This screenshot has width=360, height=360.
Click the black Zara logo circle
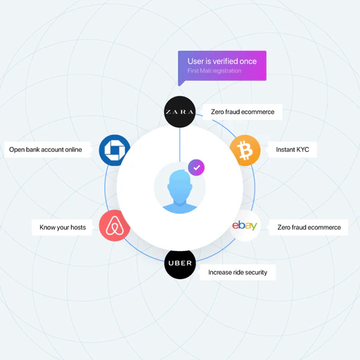[x=180, y=112]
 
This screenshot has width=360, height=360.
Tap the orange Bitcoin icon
[x=245, y=150]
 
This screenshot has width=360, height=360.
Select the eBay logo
[x=245, y=226]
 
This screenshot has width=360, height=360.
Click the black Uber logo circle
[x=180, y=263]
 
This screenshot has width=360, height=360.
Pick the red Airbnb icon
[x=115, y=226]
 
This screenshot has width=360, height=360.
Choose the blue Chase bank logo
[x=115, y=150]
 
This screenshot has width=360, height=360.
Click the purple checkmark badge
[x=196, y=167]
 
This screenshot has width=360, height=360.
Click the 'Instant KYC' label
[x=292, y=150]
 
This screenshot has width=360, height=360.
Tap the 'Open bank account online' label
[x=46, y=150]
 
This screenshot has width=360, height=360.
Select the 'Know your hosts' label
[x=63, y=227]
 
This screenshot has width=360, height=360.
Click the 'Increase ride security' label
[x=238, y=272]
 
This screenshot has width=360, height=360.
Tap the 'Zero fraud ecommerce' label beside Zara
[x=243, y=112]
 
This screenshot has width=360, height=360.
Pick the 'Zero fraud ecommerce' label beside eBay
[x=309, y=227]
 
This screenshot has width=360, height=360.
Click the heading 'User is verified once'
[x=222, y=61]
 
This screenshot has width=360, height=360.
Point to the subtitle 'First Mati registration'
[x=214, y=71]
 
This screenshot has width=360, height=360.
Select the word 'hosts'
[x=78, y=227]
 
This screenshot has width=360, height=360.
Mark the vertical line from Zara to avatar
[x=180, y=145]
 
